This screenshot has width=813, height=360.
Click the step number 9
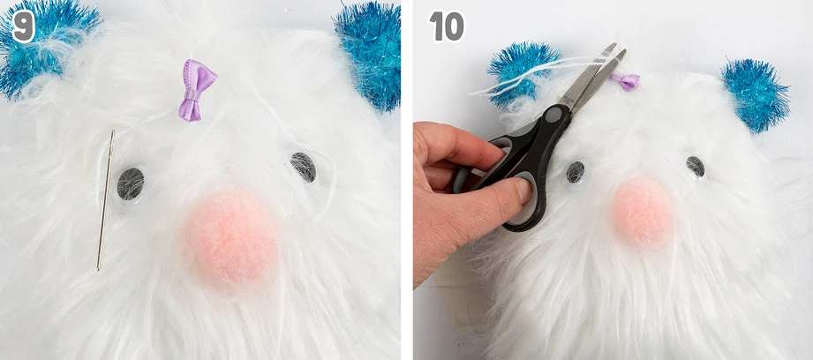coord(23,26)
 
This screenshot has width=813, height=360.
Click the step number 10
coord(447,26)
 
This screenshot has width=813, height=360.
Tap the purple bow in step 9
coord(197,90)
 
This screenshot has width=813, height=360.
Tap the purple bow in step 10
coord(627,81)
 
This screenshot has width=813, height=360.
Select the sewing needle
coord(105,199)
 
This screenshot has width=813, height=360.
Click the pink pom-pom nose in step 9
coord(231,237)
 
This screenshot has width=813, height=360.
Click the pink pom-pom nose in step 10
coord(642,212)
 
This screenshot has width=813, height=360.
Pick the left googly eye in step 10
coord(575,172)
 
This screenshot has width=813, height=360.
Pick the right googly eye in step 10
coord(695,167)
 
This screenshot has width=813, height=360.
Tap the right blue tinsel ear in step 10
coord(756,94)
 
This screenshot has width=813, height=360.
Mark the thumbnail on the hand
coord(523,191)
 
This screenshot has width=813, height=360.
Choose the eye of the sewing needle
coord(112,138)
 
